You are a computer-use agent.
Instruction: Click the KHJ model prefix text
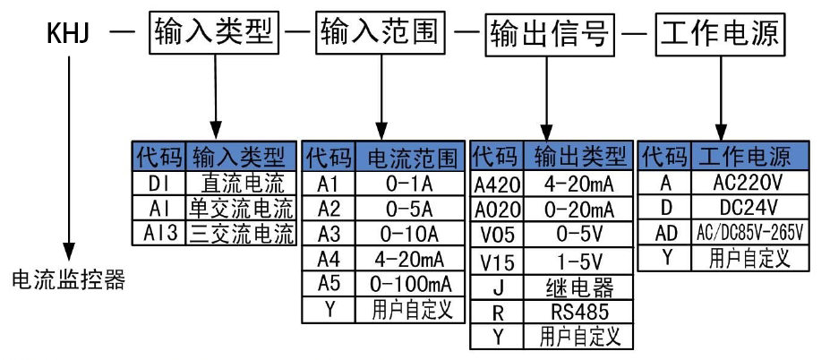point(69,35)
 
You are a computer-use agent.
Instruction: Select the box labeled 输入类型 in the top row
point(215,34)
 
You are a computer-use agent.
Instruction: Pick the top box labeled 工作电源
point(719,34)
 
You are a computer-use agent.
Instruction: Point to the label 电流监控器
point(68,280)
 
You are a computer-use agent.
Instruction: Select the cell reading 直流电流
point(241,184)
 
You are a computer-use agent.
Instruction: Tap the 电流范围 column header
point(411,158)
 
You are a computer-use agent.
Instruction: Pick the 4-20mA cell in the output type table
point(579,184)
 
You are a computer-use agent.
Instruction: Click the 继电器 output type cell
point(579,287)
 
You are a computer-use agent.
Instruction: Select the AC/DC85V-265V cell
point(749,233)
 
